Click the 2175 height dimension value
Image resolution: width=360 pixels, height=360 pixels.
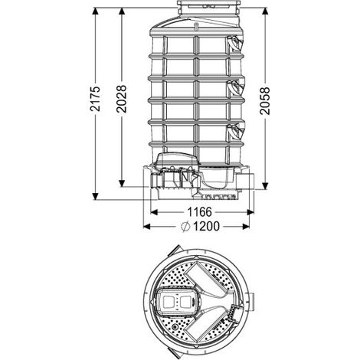[x=95, y=99]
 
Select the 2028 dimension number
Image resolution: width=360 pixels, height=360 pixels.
[x=122, y=99]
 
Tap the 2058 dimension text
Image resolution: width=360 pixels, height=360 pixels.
[x=265, y=100]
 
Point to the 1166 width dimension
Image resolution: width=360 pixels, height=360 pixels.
[x=200, y=212]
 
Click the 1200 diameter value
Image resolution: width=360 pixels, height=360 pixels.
[x=206, y=226]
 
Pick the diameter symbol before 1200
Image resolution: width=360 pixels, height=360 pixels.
[x=185, y=226]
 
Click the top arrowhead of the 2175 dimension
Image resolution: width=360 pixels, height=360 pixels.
[x=95, y=11]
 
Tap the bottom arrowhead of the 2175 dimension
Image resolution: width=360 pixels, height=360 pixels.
[x=95, y=196]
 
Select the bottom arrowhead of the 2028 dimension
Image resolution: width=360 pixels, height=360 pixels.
[x=122, y=183]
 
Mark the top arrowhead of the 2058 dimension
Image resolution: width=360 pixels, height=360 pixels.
[x=265, y=11]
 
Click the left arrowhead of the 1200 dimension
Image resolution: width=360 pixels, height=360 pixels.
[x=147, y=226]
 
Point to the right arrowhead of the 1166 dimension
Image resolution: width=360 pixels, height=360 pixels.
[x=250, y=212]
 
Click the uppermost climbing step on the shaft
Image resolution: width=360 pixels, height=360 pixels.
[x=236, y=43]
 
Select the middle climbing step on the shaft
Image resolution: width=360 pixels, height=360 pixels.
[x=237, y=87]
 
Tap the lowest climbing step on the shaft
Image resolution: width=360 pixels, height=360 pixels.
[x=237, y=132]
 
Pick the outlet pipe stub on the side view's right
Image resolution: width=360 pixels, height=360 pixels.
[x=245, y=182]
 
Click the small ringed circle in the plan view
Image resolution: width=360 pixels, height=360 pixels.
[x=175, y=326]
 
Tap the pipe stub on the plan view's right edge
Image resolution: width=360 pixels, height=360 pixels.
[x=251, y=302]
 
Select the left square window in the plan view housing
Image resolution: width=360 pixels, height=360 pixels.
[x=168, y=303]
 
